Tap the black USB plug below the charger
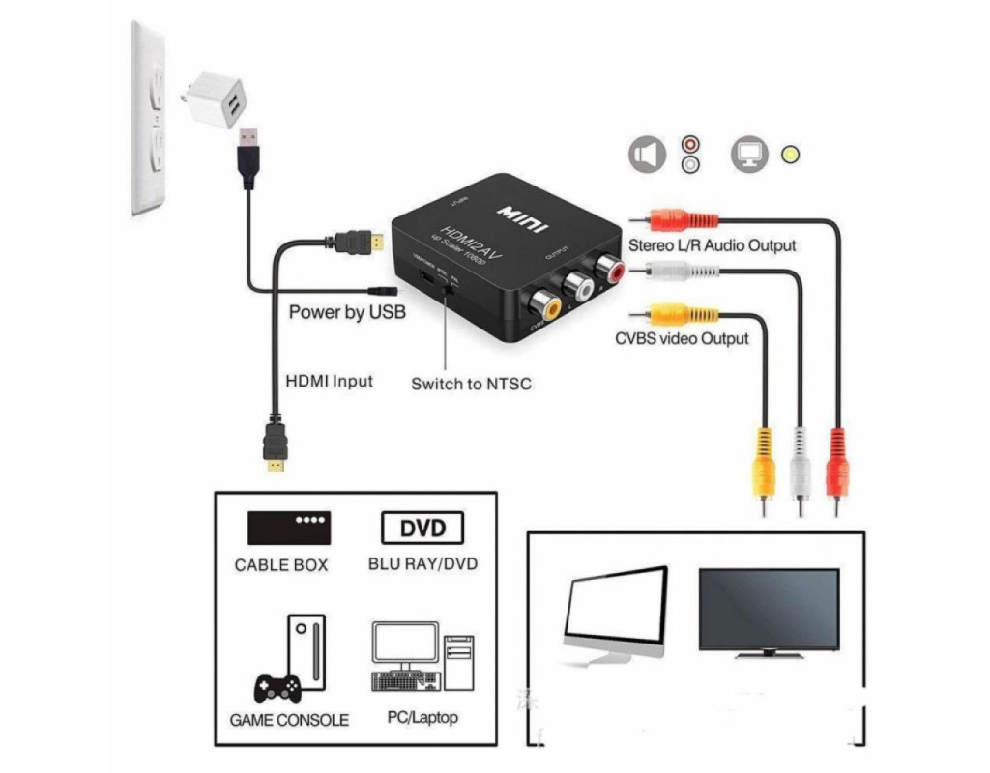click(248, 155)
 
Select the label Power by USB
click(347, 312)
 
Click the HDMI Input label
click(329, 381)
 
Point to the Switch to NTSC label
click(471, 384)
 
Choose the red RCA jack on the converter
click(610, 265)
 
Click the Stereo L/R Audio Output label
click(713, 245)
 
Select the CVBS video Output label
click(682, 338)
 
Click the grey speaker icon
click(648, 155)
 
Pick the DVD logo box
click(422, 529)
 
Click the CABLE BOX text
click(281, 565)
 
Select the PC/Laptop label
click(422, 717)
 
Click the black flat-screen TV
click(769, 611)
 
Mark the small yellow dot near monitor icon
click(791, 155)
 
